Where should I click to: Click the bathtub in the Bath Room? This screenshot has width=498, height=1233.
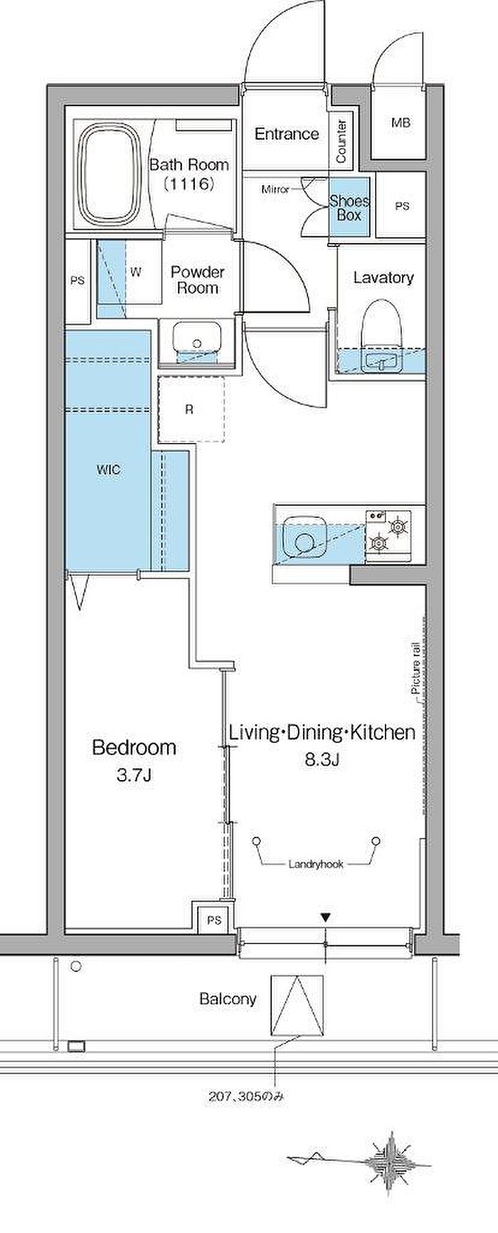pos(109,174)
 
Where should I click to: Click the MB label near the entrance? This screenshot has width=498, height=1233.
pos(401,123)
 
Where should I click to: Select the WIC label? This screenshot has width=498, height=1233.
pos(108,470)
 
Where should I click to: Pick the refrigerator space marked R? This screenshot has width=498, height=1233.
pos(189,409)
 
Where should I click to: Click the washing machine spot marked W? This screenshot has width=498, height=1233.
pos(136,271)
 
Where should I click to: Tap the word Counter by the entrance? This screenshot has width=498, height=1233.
pos(341,140)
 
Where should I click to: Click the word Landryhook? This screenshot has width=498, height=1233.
pos(316,864)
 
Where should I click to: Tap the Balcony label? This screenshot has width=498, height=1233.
pos(228,999)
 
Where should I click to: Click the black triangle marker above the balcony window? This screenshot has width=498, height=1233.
pos(326,918)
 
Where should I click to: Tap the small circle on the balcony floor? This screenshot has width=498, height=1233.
pos(76,967)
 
